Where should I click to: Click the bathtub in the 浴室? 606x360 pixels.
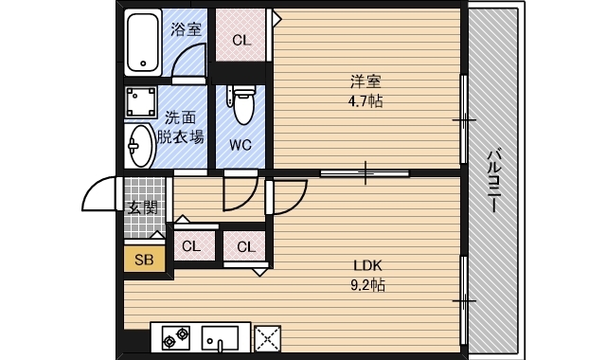(144, 43)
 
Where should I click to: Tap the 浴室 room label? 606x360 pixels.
(186, 29)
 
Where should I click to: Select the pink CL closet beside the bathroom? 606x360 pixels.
(241, 41)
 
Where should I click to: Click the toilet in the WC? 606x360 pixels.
(241, 105)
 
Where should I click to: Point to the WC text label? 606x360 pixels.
(241, 145)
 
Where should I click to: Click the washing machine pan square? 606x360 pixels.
(141, 101)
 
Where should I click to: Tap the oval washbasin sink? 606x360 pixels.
(139, 146)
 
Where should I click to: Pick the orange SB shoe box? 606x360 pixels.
(144, 259)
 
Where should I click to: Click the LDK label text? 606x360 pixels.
(366, 265)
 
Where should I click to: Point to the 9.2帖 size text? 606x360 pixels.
(366, 283)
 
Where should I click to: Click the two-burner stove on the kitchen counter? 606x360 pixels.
(175, 338)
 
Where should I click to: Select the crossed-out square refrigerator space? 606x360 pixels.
(269, 338)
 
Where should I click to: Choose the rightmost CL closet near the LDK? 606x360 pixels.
(246, 247)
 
